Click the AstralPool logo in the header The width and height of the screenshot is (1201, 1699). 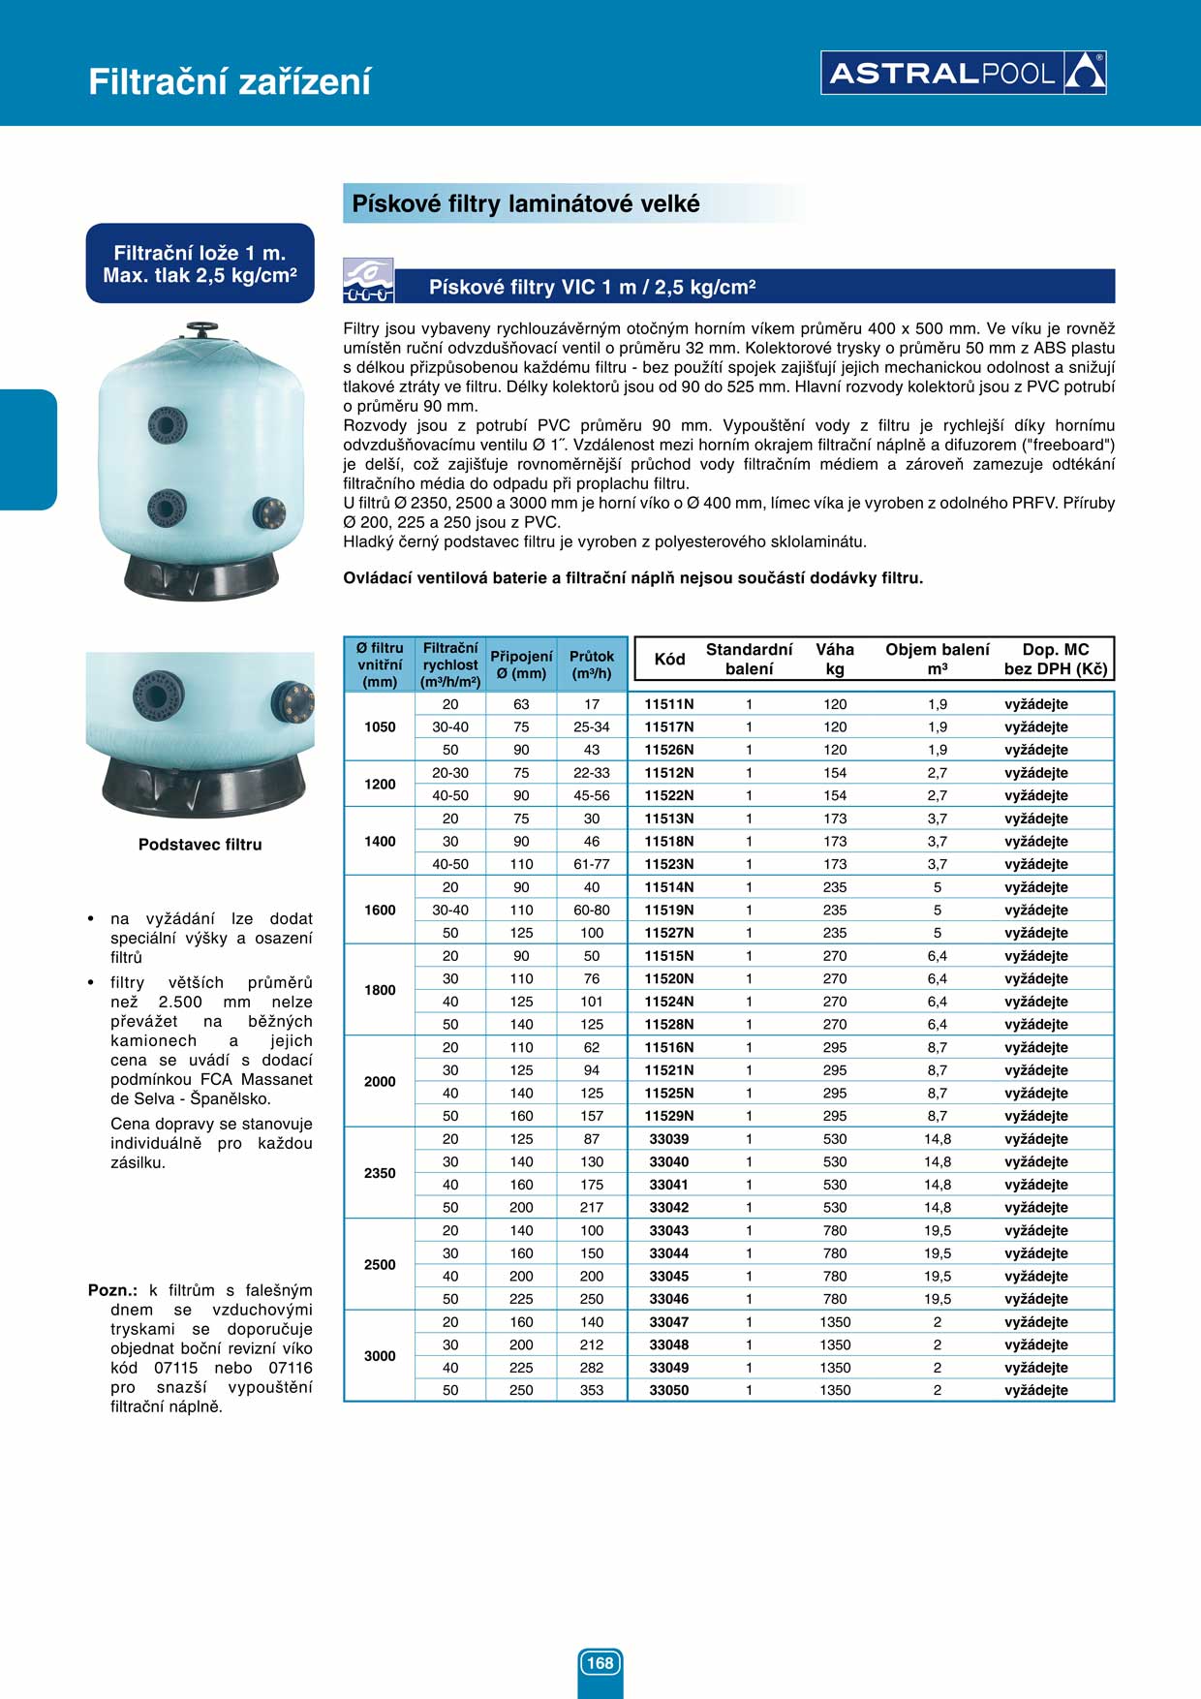963,73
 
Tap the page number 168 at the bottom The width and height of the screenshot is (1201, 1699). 600,1662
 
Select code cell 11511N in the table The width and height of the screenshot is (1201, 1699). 669,704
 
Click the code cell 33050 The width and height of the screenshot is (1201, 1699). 669,1390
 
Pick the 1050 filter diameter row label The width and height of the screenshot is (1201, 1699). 380,726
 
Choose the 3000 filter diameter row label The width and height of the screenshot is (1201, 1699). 380,1355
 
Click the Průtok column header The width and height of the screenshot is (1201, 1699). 592,664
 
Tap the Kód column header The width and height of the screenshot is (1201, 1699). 669,659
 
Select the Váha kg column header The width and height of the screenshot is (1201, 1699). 835,659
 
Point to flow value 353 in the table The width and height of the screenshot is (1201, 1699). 592,1390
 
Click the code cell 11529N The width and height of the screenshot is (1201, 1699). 669,1116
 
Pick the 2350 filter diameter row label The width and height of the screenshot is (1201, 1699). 380,1173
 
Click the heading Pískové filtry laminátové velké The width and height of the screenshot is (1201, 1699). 525,204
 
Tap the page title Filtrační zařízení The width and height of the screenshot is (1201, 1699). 230,81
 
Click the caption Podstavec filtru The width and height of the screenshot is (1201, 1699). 200,845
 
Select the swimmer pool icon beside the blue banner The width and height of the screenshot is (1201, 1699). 368,281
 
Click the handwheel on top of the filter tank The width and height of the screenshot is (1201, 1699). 201,329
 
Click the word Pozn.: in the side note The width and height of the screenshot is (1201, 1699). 112,1290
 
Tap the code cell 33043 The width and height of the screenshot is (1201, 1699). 669,1230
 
